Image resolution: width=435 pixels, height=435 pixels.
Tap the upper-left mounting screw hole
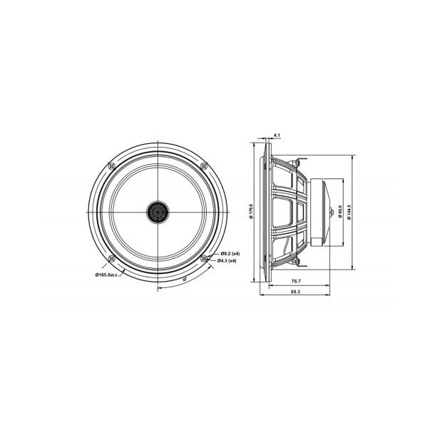(x=108, y=165)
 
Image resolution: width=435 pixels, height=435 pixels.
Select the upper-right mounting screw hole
(x=205, y=165)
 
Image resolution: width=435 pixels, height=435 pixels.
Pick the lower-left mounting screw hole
(x=110, y=257)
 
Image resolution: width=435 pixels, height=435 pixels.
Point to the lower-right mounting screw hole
(x=205, y=257)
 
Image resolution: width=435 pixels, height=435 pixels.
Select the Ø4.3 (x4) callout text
(x=227, y=261)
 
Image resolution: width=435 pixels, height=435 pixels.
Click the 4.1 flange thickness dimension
(x=276, y=133)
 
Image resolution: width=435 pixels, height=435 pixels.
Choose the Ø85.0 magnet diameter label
(x=339, y=212)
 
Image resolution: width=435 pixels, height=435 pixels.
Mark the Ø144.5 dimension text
(x=349, y=212)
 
